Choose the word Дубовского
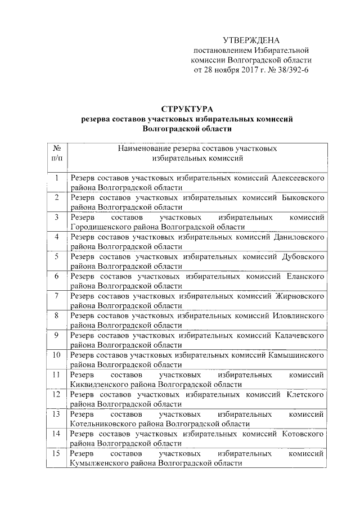coord(303,256)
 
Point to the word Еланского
coord(304,276)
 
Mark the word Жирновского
coord(299,296)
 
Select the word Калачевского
coord(299,335)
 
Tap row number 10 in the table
coord(57,355)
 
